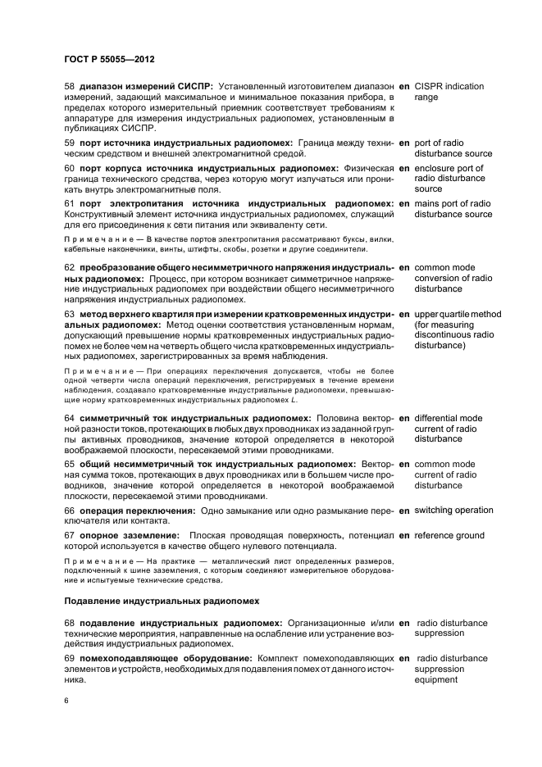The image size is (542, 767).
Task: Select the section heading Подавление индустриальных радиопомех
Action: coord(153,601)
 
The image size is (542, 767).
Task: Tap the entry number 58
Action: coord(69,86)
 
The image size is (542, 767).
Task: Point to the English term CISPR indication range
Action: coord(449,92)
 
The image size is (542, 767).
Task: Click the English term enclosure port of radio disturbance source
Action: coord(449,178)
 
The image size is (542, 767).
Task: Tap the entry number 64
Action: coord(69,418)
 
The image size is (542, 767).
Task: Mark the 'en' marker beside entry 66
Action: coord(404,511)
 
